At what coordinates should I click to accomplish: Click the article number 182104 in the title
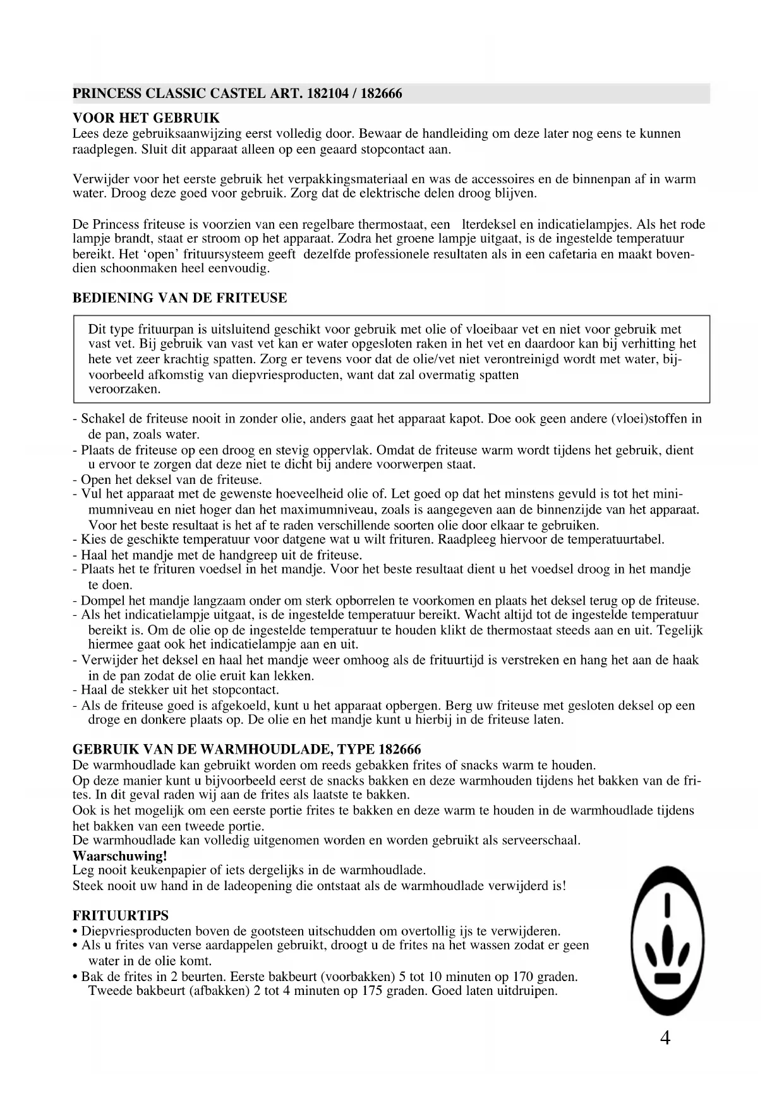coord(328,94)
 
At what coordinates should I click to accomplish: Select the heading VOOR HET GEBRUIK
coord(147,118)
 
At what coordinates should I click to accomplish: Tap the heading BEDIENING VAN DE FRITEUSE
coord(180,298)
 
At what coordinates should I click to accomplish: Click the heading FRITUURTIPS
coord(121,915)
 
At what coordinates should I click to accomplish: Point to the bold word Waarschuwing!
coord(120,856)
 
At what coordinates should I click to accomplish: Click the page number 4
coord(665,1038)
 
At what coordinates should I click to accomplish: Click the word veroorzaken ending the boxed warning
coord(124,389)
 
